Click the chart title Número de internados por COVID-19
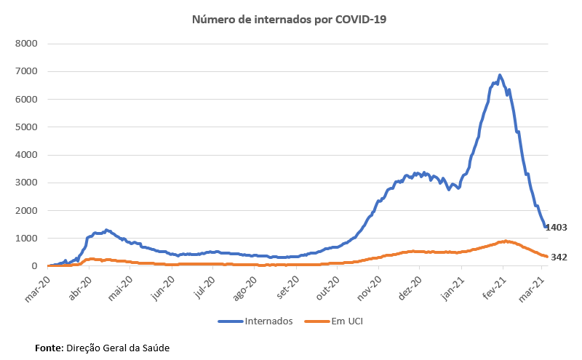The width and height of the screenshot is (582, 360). coord(289,20)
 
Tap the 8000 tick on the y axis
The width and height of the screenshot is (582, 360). coord(26,43)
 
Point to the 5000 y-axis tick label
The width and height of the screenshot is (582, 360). coord(26,127)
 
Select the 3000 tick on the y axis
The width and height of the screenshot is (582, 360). coord(26,183)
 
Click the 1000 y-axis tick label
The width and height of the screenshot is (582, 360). coord(26,239)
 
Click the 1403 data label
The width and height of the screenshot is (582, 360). coord(556,228)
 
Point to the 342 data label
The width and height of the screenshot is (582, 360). coord(559,257)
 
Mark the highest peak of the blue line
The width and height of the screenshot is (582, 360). coord(500,75)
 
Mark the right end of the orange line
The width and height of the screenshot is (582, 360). coord(547,257)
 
